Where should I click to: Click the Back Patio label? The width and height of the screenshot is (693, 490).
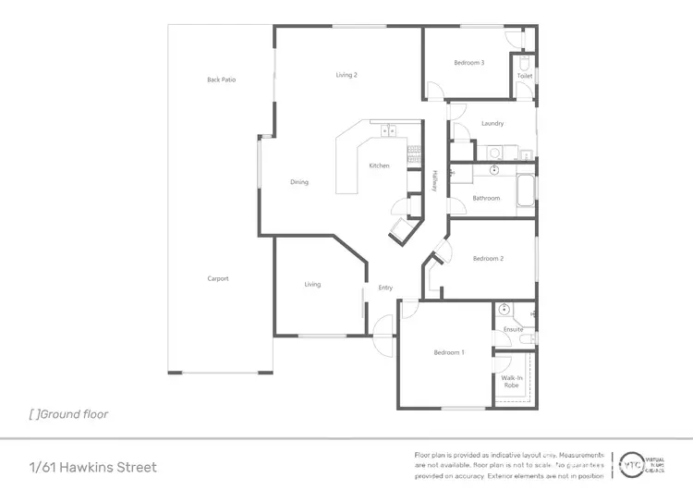tap(221, 80)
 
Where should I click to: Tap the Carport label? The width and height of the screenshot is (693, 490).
tap(217, 278)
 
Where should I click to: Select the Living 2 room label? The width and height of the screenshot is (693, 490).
tap(346, 75)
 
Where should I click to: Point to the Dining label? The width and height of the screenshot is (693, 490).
tap(299, 182)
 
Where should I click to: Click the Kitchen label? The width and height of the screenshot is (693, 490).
tap(379, 165)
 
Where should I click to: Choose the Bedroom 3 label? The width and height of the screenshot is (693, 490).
tap(468, 63)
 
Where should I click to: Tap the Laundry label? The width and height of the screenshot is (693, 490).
tap(492, 124)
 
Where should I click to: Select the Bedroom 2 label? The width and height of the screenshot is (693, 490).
tap(487, 259)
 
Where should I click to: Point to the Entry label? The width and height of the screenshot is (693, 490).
tap(385, 288)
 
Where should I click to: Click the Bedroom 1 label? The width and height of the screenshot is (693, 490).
tap(449, 352)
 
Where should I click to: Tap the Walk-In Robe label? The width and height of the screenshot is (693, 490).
tap(513, 380)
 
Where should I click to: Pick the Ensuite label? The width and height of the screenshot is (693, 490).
tap(513, 329)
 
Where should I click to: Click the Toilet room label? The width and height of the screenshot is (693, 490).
tap(525, 76)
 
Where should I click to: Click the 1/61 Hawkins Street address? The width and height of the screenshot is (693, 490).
tap(92, 467)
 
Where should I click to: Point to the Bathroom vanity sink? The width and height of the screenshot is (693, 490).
tap(494, 171)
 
